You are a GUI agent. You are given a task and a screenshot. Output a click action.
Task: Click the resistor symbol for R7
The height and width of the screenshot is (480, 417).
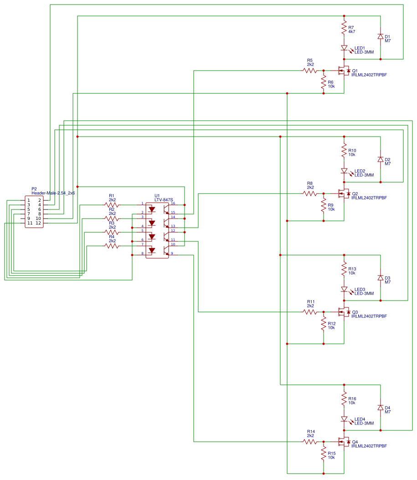(344, 30)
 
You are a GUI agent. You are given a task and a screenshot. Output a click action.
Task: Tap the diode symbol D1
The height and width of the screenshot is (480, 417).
(381, 36)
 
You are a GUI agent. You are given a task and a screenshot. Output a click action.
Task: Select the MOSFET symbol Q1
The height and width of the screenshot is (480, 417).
(343, 71)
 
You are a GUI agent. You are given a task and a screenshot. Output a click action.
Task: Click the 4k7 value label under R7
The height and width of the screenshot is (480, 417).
(351, 32)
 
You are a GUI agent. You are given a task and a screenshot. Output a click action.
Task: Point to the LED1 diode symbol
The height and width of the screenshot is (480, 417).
(344, 48)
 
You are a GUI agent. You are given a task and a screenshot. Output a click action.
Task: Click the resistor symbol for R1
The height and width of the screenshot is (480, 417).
(112, 205)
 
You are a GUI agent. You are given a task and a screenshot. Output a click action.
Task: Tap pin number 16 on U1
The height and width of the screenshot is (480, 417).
(173, 203)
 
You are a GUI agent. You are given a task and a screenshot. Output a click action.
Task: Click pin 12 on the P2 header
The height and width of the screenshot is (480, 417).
(38, 223)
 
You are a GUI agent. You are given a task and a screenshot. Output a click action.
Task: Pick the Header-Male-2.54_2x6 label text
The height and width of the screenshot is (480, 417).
(53, 193)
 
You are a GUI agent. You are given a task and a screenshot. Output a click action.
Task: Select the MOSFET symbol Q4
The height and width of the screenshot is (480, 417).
(343, 442)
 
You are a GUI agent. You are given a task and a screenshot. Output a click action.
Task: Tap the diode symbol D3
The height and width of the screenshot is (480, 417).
(381, 278)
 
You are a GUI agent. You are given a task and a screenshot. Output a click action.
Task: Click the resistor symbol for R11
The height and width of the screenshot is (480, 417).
(310, 312)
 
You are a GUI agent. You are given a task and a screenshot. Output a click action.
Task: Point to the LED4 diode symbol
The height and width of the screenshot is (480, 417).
(344, 419)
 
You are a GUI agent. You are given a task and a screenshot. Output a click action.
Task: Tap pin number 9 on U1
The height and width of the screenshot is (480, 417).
(172, 253)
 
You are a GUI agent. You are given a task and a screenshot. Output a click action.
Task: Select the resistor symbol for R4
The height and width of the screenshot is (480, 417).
(112, 246)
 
